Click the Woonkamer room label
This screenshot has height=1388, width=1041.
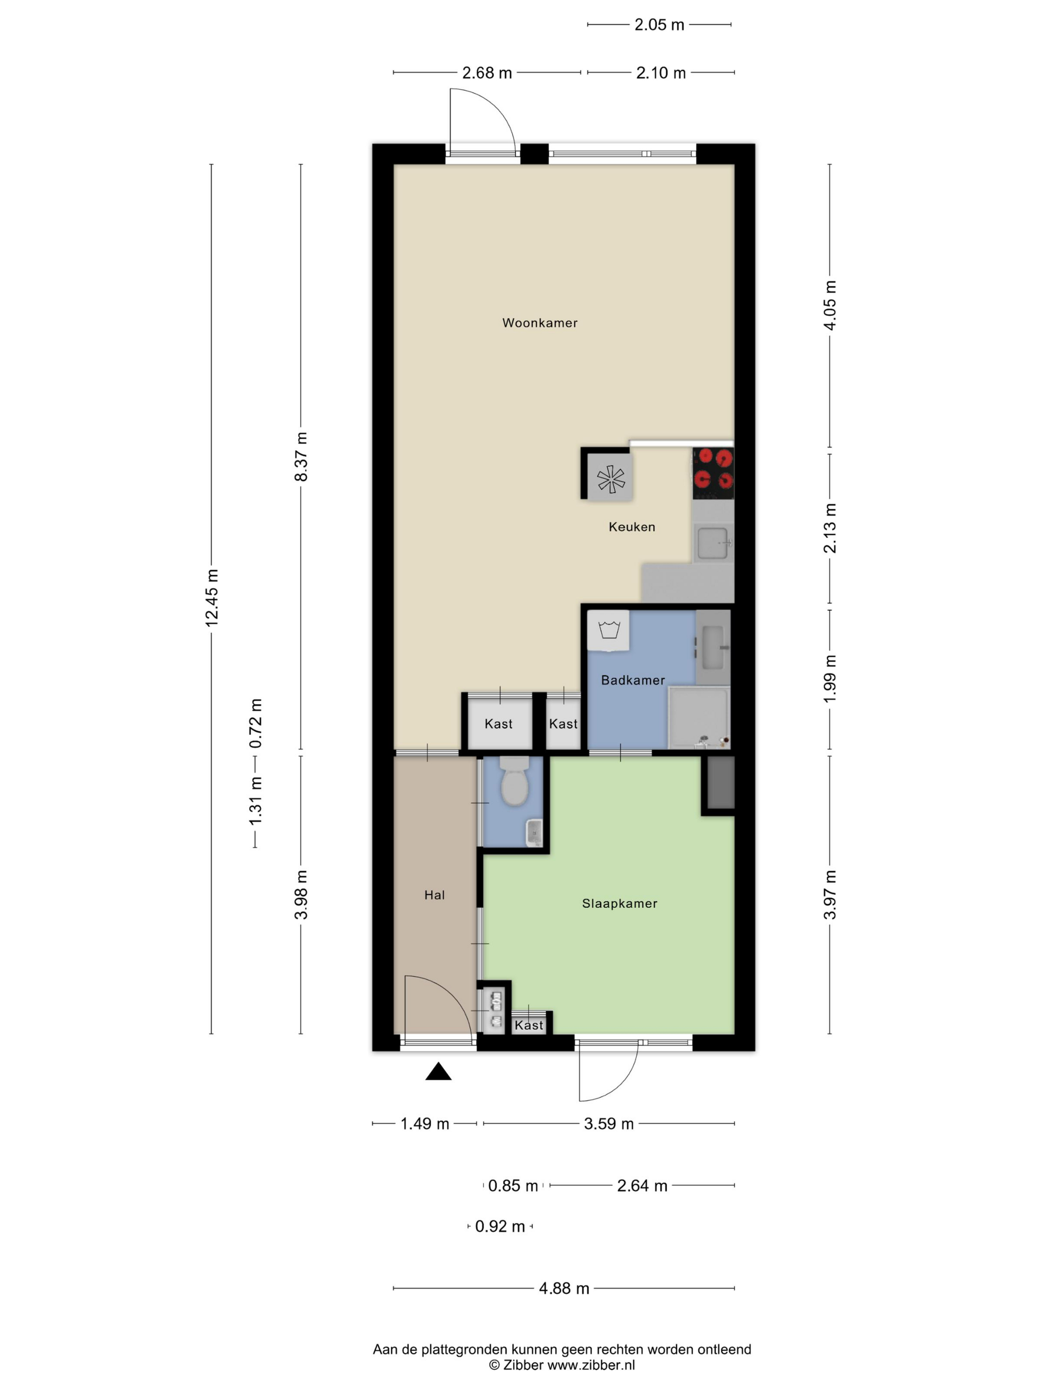coord(540,323)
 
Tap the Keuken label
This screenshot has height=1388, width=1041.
coord(632,527)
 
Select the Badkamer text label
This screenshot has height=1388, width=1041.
coord(633,680)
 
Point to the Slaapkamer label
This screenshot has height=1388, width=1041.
coord(619,904)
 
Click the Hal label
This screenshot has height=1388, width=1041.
coord(434,895)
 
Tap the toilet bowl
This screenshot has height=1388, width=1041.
coord(515,781)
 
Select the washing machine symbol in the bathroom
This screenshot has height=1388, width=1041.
coord(609,630)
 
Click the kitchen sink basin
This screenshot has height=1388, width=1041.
coord(713,543)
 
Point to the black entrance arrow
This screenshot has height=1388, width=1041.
coord(438,1071)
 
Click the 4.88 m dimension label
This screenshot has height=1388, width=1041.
coord(564,1288)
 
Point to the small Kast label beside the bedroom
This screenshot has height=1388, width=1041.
coord(528,1025)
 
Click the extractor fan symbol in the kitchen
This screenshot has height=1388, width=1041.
coord(611,480)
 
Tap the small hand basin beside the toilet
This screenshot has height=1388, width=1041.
coord(534,833)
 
